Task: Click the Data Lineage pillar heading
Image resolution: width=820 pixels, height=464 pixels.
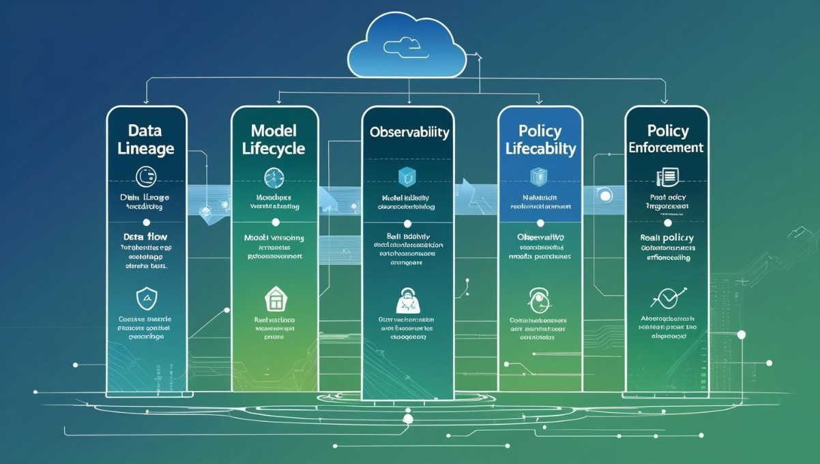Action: coord(146,139)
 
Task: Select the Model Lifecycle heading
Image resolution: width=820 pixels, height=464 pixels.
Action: coord(274,139)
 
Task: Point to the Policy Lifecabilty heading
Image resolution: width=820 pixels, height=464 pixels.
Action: coord(540,139)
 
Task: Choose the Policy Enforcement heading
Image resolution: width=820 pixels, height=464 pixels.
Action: coord(666,139)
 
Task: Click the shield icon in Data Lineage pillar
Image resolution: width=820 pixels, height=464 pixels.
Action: coord(147,298)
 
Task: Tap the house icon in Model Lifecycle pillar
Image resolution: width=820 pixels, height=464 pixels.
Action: coord(274,298)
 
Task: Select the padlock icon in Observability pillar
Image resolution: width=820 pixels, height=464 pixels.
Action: coord(407,300)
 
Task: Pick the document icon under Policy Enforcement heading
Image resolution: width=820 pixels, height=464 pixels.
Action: coord(667,177)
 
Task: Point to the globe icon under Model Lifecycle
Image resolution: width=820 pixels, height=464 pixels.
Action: coord(274,177)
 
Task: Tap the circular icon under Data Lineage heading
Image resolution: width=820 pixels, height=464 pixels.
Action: coord(146,177)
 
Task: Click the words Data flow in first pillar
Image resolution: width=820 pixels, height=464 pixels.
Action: coord(145,237)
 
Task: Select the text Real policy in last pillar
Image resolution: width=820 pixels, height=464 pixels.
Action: coord(667,237)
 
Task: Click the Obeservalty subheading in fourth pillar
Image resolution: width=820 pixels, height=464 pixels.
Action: coord(539,237)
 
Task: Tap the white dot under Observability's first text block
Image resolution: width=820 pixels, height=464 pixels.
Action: coord(407,223)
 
